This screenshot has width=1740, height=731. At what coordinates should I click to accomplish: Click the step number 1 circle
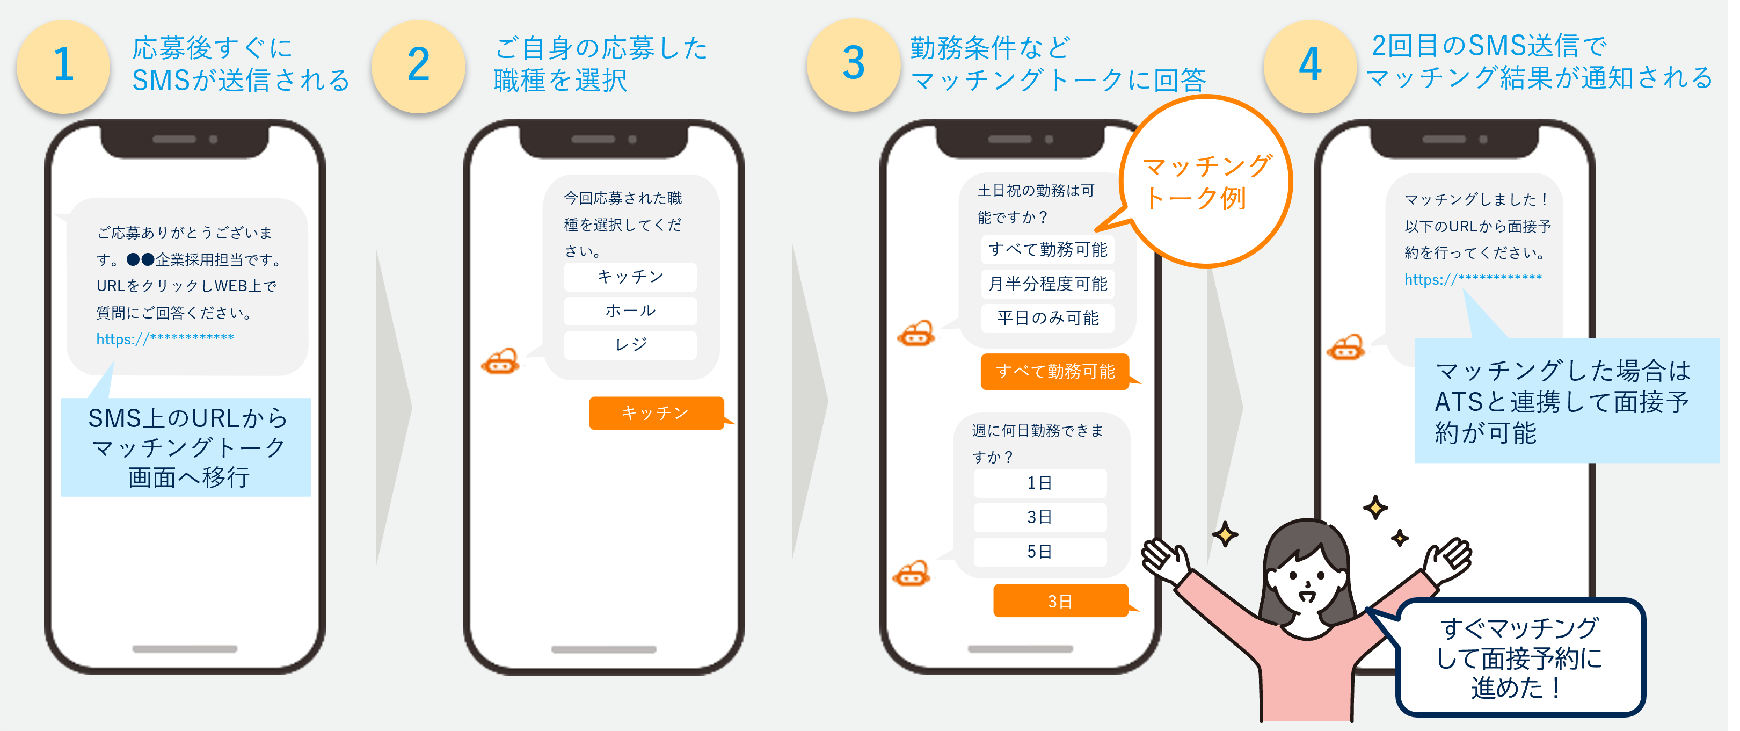(x=63, y=66)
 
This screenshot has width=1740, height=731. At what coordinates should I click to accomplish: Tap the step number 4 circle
(x=1310, y=66)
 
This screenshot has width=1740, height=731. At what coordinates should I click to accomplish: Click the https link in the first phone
(x=165, y=338)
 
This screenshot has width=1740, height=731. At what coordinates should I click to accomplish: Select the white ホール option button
(x=630, y=311)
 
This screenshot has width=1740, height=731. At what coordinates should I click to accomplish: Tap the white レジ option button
(x=630, y=345)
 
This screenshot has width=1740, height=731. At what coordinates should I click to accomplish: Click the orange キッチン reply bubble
(x=655, y=413)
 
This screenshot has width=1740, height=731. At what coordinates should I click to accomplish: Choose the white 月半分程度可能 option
(x=1047, y=284)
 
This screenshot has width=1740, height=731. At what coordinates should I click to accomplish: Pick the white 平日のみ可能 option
(x=1047, y=318)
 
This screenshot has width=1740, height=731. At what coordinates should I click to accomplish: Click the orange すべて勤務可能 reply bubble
(x=1054, y=372)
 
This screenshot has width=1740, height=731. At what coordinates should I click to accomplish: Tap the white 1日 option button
(x=1039, y=483)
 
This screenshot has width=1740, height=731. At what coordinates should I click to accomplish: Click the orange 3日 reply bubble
(x=1060, y=601)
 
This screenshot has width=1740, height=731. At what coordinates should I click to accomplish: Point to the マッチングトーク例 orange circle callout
(x=1206, y=181)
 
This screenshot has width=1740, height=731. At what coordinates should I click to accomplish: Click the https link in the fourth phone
(x=1473, y=279)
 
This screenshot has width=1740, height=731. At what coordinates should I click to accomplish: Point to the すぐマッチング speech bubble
(x=1519, y=657)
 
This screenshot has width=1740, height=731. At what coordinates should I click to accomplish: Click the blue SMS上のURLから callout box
(x=186, y=447)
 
